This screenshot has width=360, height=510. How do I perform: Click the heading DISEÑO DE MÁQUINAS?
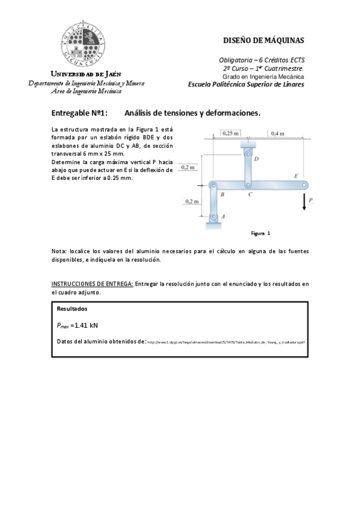click(x=263, y=41)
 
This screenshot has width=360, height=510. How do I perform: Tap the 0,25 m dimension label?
click(x=230, y=133)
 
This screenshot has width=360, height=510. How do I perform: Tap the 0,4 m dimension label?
click(x=278, y=133)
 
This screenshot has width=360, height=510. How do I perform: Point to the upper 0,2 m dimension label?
click(x=188, y=167)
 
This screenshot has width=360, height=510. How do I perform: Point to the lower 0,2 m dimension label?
click(x=192, y=201)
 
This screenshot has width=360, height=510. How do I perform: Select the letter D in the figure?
click(x=256, y=159)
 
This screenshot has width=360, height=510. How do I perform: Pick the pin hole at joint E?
click(x=305, y=185)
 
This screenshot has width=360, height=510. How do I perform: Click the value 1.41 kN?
click(x=84, y=325)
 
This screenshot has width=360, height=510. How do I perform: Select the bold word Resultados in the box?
click(x=72, y=309)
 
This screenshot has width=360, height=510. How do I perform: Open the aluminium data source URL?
click(x=226, y=342)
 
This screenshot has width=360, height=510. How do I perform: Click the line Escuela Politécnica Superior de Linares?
click(x=246, y=85)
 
